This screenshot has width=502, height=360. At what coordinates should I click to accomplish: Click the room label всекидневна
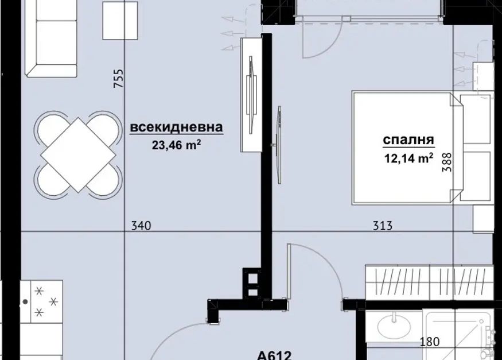tap(176, 127)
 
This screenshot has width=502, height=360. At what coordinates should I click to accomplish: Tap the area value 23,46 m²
tap(176, 145)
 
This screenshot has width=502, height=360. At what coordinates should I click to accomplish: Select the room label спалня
tap(408, 140)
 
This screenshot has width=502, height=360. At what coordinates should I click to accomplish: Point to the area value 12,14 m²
tap(409, 158)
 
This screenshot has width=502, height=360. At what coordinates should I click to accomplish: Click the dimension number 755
tap(118, 79)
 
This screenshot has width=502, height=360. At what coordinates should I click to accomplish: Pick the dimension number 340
tap(141, 226)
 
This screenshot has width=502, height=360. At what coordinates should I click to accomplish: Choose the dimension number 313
tap(383, 226)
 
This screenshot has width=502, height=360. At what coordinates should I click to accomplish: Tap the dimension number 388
tap(447, 162)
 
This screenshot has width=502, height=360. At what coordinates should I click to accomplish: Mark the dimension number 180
tap(429, 342)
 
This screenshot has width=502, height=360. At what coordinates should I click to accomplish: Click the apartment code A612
tap(274, 355)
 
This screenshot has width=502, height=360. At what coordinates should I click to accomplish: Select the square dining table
tap(79, 155)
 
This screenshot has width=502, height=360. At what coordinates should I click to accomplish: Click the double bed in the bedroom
tap(422, 148)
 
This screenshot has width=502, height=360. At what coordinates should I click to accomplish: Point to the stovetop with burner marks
tap(41, 301)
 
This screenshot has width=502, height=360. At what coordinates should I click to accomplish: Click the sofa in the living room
tap(51, 38)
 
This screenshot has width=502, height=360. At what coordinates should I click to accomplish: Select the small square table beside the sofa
tap(120, 21)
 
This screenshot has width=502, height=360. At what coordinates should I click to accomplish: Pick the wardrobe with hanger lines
tap(429, 282)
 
